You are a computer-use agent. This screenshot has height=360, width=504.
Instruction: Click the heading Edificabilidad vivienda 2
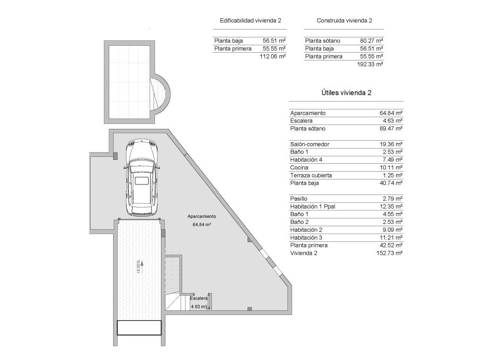(251, 21)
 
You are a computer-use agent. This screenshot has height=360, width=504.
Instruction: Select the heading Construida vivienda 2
(344, 21)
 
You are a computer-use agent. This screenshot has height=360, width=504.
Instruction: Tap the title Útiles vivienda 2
(346, 92)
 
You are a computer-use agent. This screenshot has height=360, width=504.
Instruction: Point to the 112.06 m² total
(274, 57)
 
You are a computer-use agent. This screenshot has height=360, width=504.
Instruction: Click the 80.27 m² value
(372, 41)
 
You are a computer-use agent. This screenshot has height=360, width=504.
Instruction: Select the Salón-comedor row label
(310, 144)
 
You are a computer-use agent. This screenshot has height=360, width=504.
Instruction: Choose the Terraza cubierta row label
(311, 176)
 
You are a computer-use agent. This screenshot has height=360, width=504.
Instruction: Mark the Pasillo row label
(299, 199)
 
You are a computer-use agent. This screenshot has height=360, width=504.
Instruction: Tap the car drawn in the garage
(141, 177)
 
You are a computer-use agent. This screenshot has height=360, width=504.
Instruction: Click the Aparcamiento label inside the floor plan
(201, 216)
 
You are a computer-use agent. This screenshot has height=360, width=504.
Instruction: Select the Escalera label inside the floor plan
(199, 298)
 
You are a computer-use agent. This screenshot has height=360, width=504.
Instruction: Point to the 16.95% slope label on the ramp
(139, 267)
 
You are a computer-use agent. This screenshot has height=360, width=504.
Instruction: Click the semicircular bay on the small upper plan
(162, 94)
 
